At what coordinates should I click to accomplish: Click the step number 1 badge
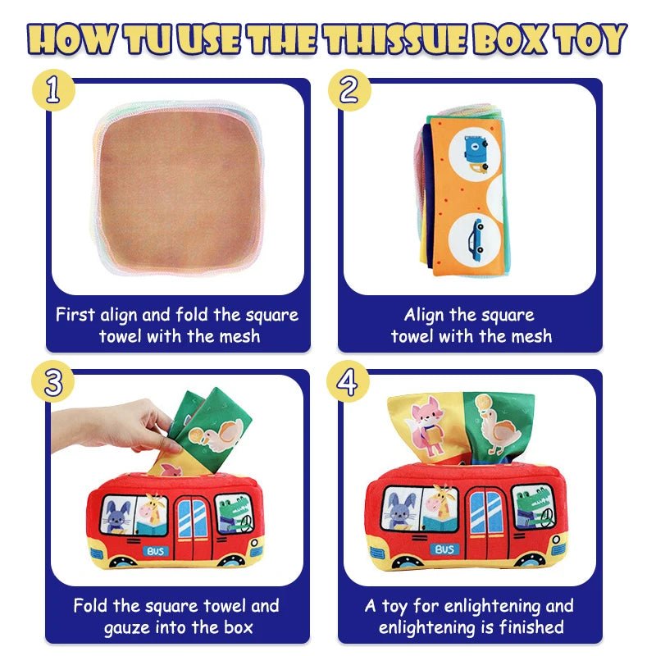tap(53, 90)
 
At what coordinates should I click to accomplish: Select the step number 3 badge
tap(53, 383)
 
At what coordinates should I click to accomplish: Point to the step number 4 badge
tap(347, 383)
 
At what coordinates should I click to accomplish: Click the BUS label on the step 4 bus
tap(444, 549)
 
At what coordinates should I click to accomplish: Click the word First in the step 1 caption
tap(75, 315)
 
